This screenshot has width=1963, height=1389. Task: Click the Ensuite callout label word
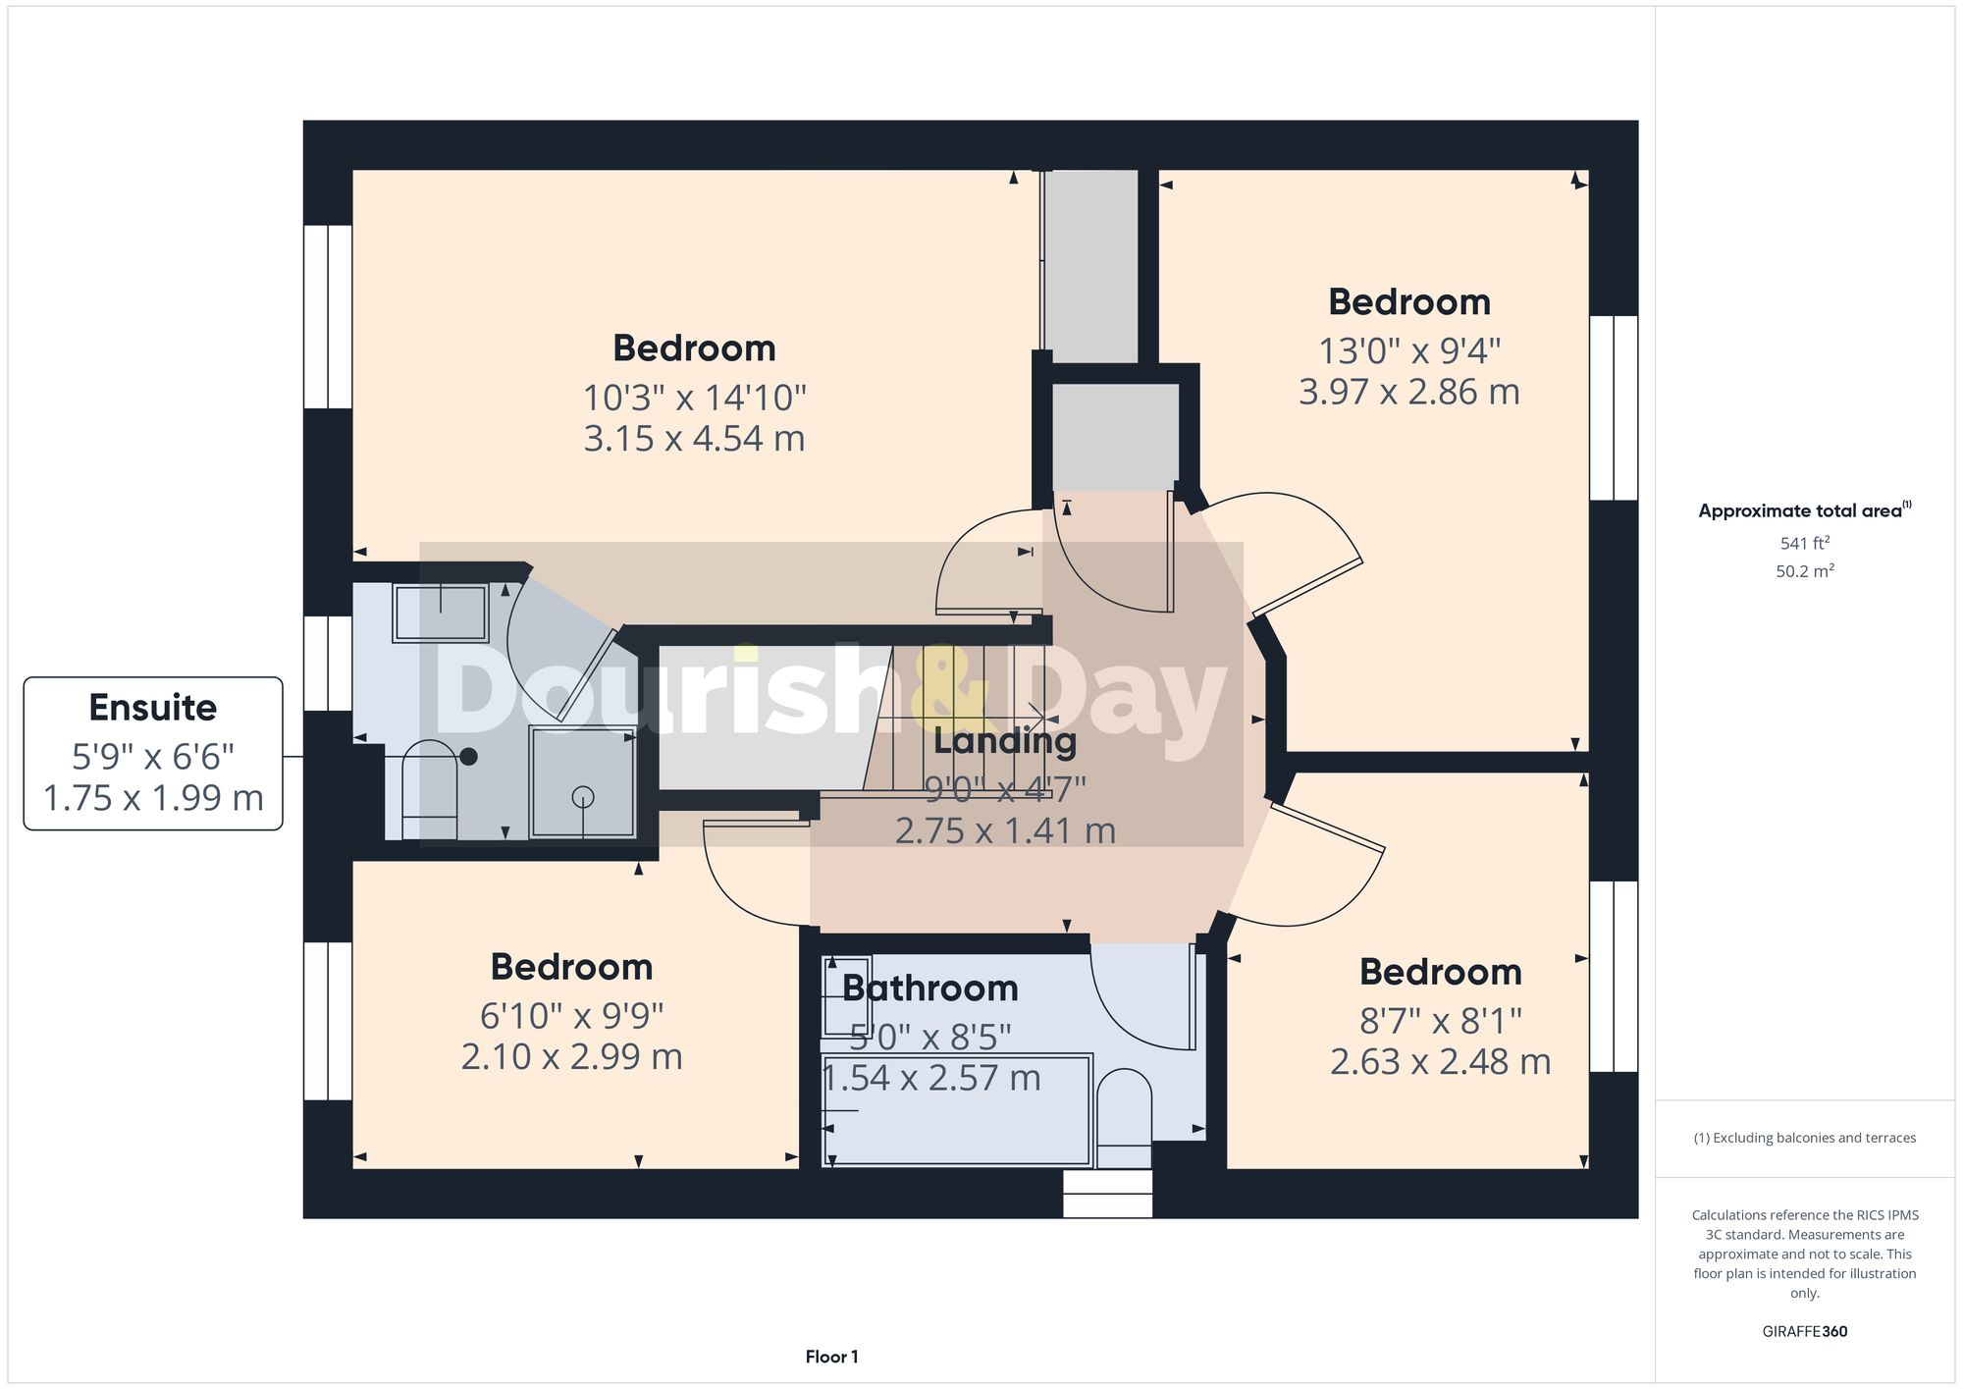(x=152, y=708)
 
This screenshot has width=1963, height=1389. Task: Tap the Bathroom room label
(x=930, y=988)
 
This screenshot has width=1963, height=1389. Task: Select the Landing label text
(x=1004, y=742)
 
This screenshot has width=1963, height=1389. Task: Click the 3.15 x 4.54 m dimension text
(x=694, y=439)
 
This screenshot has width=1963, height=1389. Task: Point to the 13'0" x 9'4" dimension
(x=1408, y=350)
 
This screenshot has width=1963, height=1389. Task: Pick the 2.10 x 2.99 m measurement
(x=571, y=1057)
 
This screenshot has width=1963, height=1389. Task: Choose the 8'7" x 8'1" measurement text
(x=1440, y=1022)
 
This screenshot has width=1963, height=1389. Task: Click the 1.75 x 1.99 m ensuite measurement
(x=153, y=798)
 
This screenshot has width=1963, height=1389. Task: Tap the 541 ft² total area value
(x=1804, y=543)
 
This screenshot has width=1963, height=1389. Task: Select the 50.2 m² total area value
(x=1804, y=571)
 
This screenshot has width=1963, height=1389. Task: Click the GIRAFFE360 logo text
(x=1804, y=1332)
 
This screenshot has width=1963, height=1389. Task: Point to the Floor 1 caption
(x=831, y=1358)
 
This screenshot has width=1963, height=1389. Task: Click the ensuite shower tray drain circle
(x=583, y=796)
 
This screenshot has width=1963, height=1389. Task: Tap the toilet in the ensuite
(x=430, y=788)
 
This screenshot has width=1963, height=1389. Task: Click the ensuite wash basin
(x=441, y=613)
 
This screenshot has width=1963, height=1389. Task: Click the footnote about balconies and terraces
(x=1804, y=1139)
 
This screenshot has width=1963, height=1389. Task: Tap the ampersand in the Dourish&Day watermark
(x=948, y=687)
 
